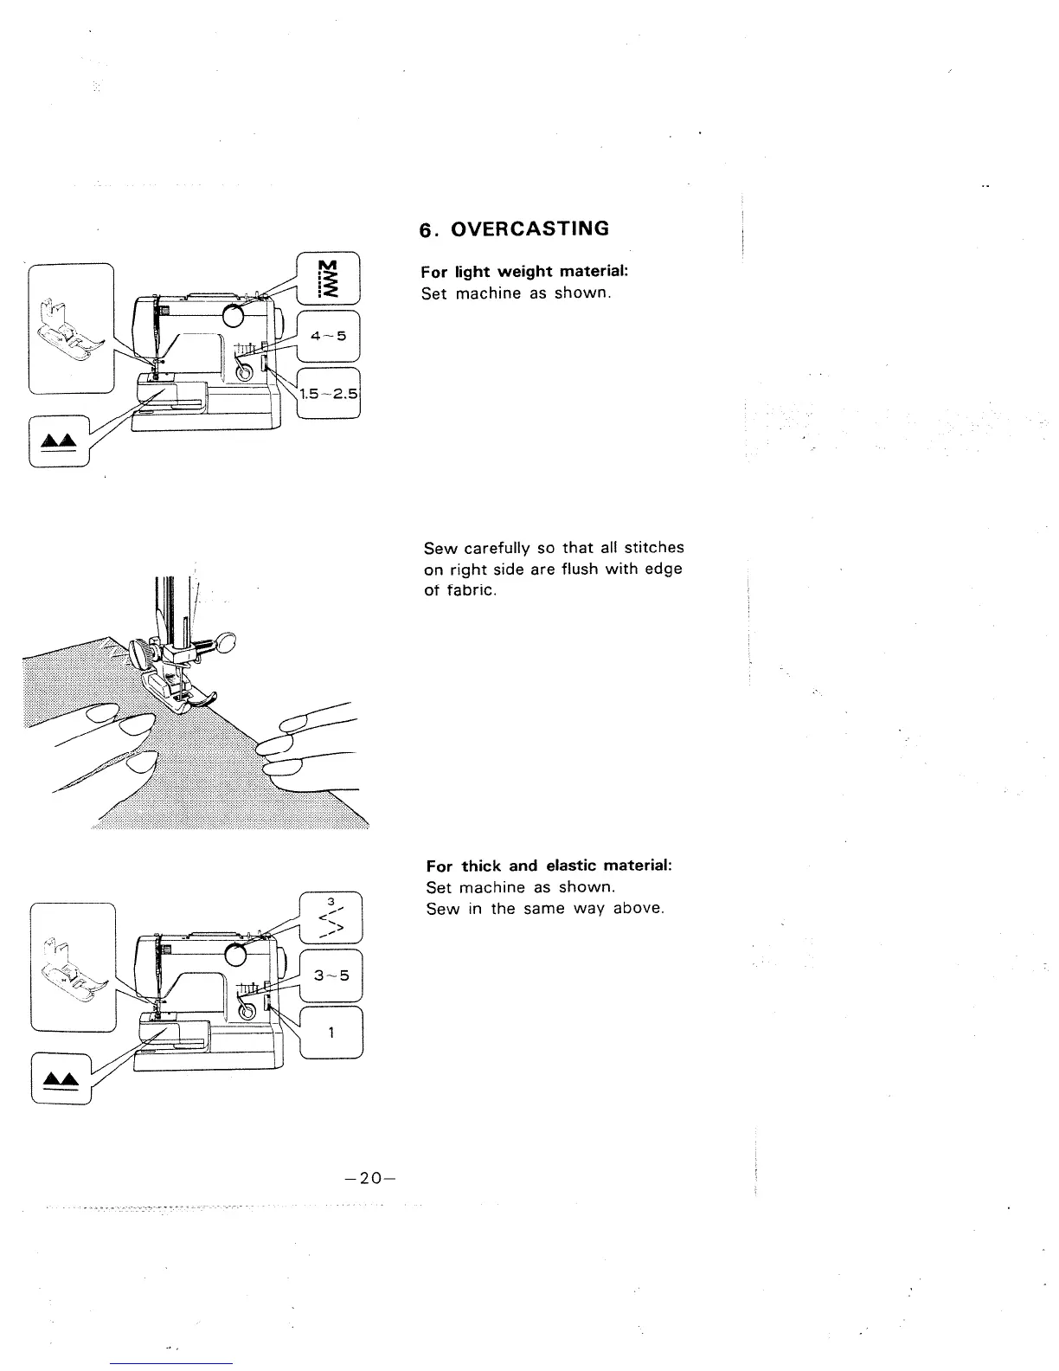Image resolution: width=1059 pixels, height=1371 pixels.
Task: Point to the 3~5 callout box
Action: tap(331, 975)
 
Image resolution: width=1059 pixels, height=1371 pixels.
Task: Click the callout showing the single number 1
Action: tap(331, 1033)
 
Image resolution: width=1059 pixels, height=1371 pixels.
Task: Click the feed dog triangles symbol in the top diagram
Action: tap(60, 441)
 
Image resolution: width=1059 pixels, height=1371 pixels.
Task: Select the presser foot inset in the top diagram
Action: tap(71, 328)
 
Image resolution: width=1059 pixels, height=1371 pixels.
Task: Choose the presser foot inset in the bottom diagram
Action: tap(73, 967)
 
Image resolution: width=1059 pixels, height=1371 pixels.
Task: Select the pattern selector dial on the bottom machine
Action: tap(234, 955)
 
